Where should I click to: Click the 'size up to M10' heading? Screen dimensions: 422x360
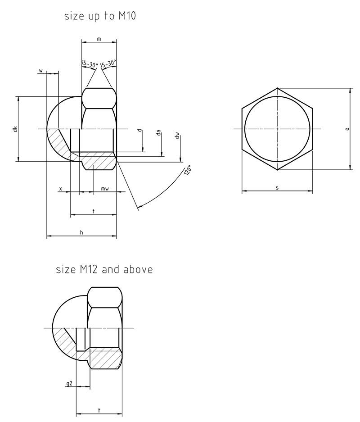pyautogui.click(x=100, y=17)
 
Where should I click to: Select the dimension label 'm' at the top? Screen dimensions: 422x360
pyautogui.click(x=99, y=40)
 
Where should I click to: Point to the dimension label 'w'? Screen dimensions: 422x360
pyautogui.click(x=41, y=71)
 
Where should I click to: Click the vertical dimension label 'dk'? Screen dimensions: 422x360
pyautogui.click(x=15, y=129)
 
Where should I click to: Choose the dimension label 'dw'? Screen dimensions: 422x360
pyautogui.click(x=178, y=135)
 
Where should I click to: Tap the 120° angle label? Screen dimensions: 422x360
pyautogui.click(x=187, y=172)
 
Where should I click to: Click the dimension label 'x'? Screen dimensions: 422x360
pyautogui.click(x=60, y=189)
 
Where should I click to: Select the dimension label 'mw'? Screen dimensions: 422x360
pyautogui.click(x=105, y=189)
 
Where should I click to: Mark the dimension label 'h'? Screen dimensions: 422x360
pyautogui.click(x=81, y=232)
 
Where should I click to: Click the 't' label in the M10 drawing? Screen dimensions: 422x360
pyautogui.click(x=93, y=211)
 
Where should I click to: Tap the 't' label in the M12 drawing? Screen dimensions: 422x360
pyautogui.click(x=99, y=410)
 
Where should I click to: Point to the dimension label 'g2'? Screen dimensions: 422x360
pyautogui.click(x=69, y=384)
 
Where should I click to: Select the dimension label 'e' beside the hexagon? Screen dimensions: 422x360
pyautogui.click(x=346, y=129)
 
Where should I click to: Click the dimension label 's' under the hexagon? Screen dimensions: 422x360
pyautogui.click(x=277, y=187)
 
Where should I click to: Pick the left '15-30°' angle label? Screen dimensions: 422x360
pyautogui.click(x=90, y=64)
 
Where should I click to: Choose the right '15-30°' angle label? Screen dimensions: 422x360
pyautogui.click(x=108, y=64)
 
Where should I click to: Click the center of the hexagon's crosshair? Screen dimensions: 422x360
pyautogui.click(x=277, y=129)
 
